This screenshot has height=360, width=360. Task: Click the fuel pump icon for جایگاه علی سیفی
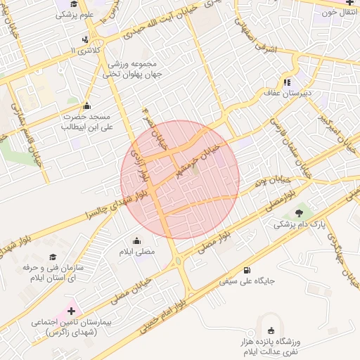[x=246, y=270]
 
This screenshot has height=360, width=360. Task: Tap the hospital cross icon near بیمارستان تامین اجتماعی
[x=71, y=310]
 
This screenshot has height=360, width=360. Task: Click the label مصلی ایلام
[x=134, y=252]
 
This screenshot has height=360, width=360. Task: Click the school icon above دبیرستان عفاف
[x=288, y=80]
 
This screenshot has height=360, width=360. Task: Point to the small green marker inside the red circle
[x=195, y=167]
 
